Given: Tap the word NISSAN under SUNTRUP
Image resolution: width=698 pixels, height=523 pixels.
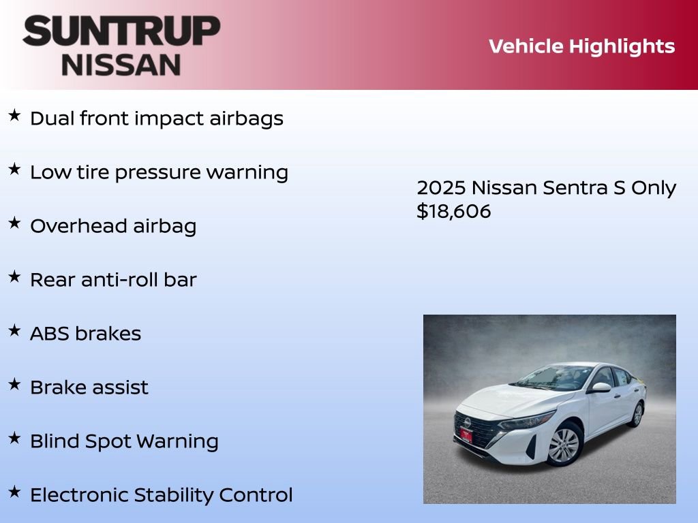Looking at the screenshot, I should point(121,65).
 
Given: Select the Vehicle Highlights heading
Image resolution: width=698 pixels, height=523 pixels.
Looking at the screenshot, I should point(581,46).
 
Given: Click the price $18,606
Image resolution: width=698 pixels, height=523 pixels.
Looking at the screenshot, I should point(453,212).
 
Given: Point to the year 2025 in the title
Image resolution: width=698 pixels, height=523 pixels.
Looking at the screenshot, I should point(441,188).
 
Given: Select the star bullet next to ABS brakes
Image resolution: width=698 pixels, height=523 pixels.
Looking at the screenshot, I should point(14,331).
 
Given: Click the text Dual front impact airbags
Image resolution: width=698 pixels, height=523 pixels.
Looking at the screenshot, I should point(156,118).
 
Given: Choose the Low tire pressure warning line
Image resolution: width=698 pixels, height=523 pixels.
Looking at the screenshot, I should point(159,172).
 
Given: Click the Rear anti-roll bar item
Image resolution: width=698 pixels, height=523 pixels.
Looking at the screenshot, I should point(113,280).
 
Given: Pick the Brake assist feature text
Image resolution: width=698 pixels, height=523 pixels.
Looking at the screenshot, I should point(89,387).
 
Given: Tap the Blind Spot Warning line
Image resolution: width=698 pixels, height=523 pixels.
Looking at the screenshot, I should point(124,441).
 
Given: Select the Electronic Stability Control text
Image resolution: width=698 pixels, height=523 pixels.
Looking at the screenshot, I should point(161,495).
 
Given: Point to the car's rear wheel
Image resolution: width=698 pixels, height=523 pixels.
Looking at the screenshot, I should point(637,413).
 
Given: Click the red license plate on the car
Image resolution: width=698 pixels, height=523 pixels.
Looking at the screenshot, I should point(466,434).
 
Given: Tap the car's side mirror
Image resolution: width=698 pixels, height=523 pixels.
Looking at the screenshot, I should point(601,387).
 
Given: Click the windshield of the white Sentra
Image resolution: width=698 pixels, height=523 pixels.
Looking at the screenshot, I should point(552,378).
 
